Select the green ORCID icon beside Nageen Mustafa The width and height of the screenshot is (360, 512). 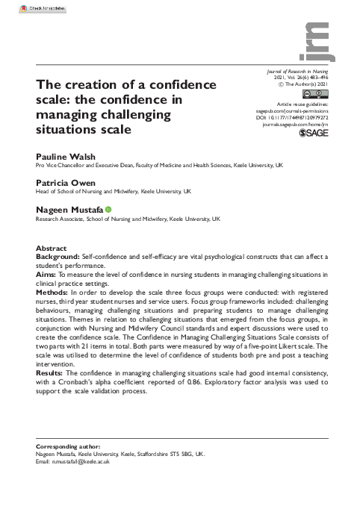(108, 210)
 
